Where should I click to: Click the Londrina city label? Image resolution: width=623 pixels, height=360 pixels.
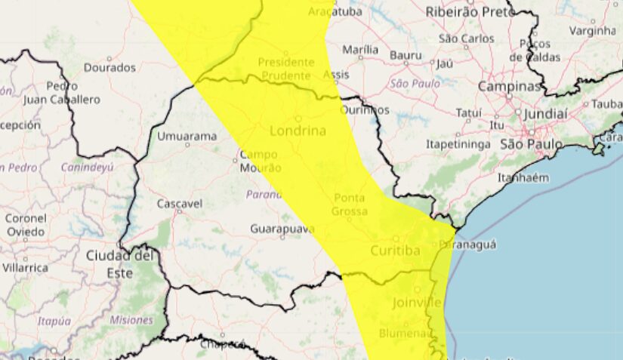tap(297, 131)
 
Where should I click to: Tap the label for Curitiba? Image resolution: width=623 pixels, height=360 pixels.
tap(395, 251)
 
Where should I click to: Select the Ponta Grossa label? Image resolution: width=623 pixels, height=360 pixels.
tap(349, 205)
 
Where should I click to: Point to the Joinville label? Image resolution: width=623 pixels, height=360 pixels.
tap(417, 303)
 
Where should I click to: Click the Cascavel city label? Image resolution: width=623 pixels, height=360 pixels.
tap(179, 204)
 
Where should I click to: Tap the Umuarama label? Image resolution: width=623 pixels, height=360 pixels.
tap(187, 137)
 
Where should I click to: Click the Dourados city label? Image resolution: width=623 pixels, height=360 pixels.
tap(109, 67)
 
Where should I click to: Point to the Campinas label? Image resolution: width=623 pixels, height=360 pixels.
tap(510, 87)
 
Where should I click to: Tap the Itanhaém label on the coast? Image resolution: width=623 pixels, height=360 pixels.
tap(523, 178)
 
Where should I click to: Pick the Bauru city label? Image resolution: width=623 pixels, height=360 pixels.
tap(406, 55)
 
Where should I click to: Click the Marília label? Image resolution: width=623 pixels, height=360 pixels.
tap(360, 49)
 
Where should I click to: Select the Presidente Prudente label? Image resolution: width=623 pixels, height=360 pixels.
tap(285, 69)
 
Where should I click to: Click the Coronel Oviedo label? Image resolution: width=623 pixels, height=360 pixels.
tap(25, 225)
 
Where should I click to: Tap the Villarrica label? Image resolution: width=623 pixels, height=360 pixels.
tap(24, 267)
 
